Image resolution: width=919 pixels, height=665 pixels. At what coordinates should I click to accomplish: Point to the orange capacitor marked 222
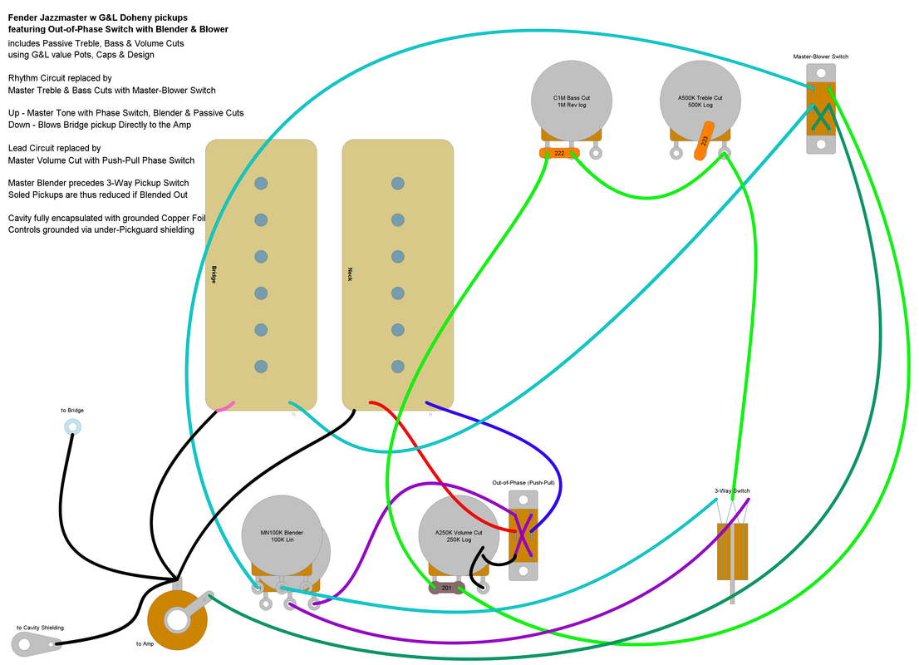pyautogui.click(x=559, y=153)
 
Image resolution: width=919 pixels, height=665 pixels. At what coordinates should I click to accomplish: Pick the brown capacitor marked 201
pyautogui.click(x=446, y=589)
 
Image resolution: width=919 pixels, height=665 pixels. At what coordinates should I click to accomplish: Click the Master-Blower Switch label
pyautogui.click(x=820, y=57)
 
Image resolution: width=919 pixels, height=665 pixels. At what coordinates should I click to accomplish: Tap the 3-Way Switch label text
pyautogui.click(x=732, y=491)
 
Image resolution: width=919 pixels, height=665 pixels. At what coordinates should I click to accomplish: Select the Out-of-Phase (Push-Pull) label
pyautogui.click(x=523, y=483)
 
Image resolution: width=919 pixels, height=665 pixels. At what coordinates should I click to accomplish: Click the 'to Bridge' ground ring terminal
pyautogui.click(x=71, y=428)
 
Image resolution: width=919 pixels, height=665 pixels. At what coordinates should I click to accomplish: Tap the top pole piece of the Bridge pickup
pyautogui.click(x=261, y=183)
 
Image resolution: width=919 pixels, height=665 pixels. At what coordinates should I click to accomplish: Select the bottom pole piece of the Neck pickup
pyautogui.click(x=397, y=366)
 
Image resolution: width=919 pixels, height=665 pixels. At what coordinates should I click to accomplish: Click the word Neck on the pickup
pyautogui.click(x=350, y=273)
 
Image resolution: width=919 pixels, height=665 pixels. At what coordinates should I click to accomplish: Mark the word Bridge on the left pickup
pyautogui.click(x=214, y=275)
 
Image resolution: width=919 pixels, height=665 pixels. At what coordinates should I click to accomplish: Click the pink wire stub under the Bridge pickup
pyautogui.click(x=225, y=406)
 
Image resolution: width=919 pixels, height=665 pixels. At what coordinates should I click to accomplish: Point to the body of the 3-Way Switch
pyautogui.click(x=732, y=551)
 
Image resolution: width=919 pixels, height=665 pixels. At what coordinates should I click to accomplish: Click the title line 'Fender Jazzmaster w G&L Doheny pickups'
pyautogui.click(x=97, y=17)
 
